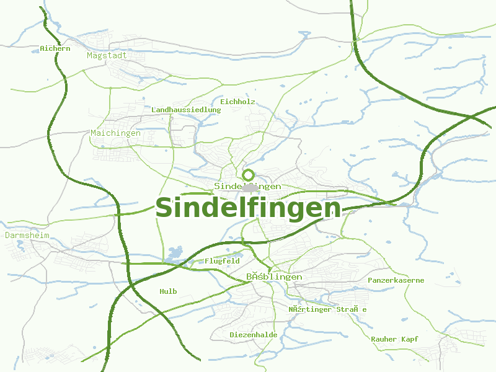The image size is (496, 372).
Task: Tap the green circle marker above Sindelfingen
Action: [x=248, y=175]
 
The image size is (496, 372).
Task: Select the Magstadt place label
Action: [x=107, y=55]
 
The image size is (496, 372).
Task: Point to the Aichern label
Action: [x=55, y=48]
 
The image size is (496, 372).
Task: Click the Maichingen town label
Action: [x=115, y=133]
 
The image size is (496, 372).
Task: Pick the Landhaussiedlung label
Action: [x=186, y=110]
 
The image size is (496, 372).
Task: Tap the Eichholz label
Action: [x=237, y=102]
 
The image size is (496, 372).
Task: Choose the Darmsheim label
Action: [x=27, y=236]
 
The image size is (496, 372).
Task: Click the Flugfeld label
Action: [x=222, y=261]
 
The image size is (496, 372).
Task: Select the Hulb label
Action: [x=168, y=291]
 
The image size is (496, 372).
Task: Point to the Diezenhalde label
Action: [x=253, y=335]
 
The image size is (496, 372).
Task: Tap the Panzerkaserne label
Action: [x=396, y=280]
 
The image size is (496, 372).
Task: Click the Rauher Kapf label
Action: [x=394, y=339]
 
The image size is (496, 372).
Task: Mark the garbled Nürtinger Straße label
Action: [x=327, y=309]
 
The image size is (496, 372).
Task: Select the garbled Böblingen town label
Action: [x=273, y=277]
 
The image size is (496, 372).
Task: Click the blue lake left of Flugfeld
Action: [x=175, y=254]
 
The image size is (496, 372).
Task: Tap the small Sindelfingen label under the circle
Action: [x=247, y=186]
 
